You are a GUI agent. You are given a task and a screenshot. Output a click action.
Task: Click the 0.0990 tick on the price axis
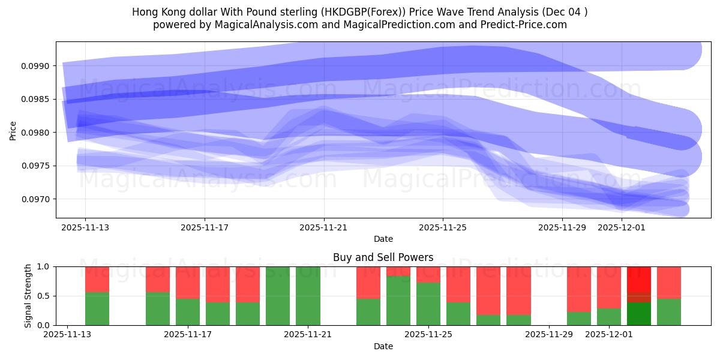[x=37, y=66]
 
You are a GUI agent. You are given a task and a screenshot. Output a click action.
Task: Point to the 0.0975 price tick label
[x=37, y=166]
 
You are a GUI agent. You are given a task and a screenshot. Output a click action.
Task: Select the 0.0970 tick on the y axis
[x=37, y=199]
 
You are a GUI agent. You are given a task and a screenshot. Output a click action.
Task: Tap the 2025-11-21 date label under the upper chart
[x=324, y=227]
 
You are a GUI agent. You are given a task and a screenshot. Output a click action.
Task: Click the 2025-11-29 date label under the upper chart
[x=562, y=227]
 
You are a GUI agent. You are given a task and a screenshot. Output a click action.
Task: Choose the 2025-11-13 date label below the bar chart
[x=69, y=334]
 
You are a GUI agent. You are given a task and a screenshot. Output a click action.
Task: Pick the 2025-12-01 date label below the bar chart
[x=610, y=334]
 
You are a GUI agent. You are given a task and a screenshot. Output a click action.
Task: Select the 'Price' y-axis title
[x=13, y=130]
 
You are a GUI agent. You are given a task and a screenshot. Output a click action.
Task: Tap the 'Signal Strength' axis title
[x=28, y=296]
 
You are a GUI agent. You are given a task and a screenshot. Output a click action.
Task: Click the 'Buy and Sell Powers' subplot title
[x=383, y=257]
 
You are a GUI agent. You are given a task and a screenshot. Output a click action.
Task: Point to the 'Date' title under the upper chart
[x=383, y=239]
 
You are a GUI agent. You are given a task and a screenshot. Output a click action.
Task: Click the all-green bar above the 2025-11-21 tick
[x=308, y=296]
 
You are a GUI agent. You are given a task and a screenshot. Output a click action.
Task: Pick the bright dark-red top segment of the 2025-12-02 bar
[x=639, y=279]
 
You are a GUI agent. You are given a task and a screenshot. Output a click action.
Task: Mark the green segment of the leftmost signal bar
[x=97, y=308]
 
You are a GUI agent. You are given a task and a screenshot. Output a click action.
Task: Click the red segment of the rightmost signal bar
[x=669, y=282]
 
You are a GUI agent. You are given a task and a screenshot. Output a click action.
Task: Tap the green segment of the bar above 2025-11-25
[x=428, y=304]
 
